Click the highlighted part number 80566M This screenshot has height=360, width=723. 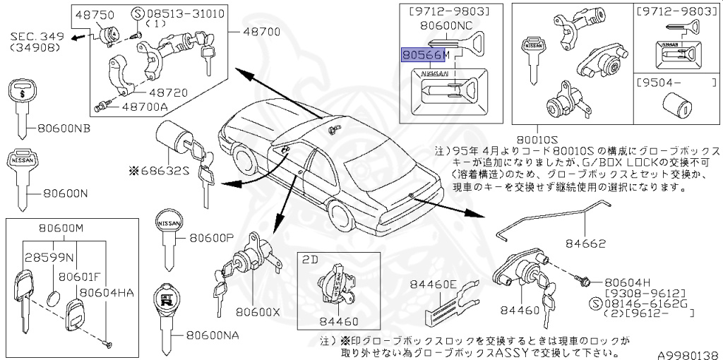pyautogui.click(x=425, y=55)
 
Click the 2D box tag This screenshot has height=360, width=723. pyautogui.click(x=310, y=258)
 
